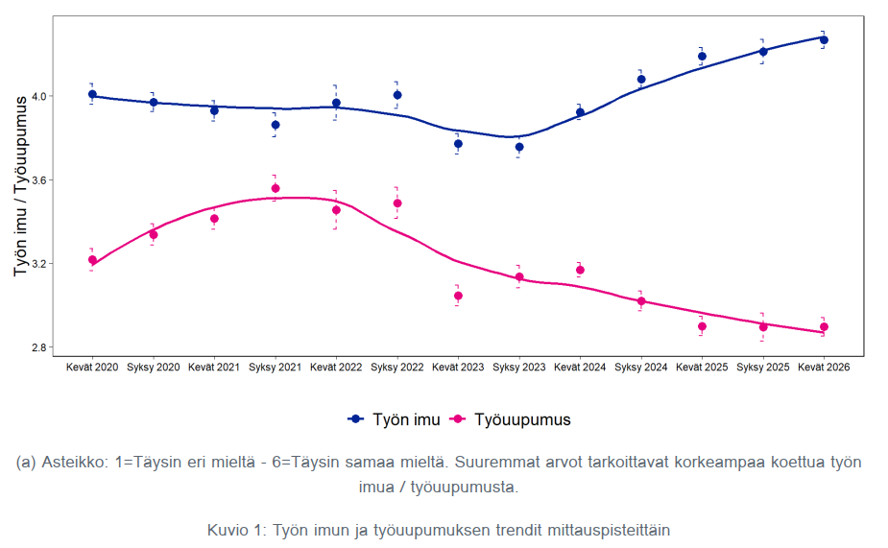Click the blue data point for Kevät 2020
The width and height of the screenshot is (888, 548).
(92, 95)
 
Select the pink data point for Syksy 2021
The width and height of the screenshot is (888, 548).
(276, 188)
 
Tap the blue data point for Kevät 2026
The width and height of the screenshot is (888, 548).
(824, 40)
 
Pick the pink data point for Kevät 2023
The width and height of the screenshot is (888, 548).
(458, 297)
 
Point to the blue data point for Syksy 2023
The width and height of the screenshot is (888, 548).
(519, 147)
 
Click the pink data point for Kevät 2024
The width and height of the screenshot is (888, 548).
(580, 270)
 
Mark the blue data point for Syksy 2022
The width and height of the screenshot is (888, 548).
(397, 95)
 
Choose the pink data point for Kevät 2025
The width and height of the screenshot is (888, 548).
(703, 326)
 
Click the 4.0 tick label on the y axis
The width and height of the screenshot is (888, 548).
(39, 96)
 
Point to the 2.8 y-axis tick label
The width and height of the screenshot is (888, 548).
(39, 347)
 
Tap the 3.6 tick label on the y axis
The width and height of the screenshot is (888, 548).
(39, 180)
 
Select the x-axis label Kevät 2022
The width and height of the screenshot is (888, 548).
(336, 368)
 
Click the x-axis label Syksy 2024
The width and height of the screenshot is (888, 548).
(641, 368)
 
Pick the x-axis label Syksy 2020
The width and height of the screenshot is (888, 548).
(153, 368)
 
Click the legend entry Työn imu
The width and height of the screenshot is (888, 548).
(395, 419)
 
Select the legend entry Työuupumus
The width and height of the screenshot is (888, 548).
(511, 419)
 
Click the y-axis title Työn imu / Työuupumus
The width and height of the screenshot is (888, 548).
(20, 186)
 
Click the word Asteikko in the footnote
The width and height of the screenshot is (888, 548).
(74, 462)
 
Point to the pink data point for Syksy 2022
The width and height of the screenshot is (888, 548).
(397, 203)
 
